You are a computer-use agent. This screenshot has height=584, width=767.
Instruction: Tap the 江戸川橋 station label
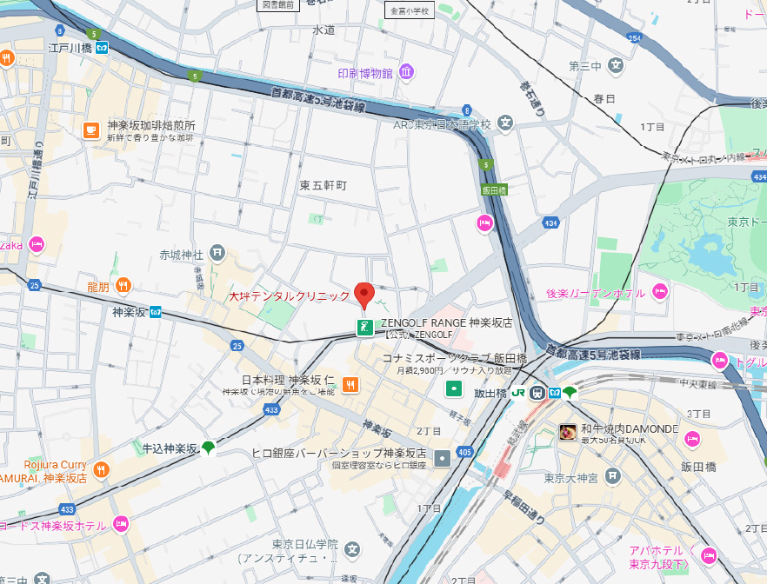70,48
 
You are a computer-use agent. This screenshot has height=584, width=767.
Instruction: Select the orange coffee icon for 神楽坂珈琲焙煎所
90,130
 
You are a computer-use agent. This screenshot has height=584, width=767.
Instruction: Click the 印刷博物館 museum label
365,72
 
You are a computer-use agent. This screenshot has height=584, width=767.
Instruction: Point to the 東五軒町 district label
323,186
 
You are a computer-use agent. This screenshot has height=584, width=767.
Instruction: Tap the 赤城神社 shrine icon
217,254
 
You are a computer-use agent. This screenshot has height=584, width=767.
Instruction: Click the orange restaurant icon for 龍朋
123,285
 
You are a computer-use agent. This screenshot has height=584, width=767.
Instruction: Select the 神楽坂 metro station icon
155,311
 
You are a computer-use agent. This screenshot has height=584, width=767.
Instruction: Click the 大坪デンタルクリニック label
289,296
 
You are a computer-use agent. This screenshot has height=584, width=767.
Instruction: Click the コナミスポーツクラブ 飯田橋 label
455,357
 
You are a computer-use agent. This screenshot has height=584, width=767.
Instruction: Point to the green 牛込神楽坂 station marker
208,448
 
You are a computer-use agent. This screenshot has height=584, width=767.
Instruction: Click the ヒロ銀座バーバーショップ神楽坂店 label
338,454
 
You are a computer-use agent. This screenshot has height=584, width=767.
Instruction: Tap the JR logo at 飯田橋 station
517,393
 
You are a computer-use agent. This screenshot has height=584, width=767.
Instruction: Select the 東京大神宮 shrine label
570,477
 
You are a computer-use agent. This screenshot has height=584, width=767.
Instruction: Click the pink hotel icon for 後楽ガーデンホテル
660,292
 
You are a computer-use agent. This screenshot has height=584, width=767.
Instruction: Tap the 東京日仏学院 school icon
352,549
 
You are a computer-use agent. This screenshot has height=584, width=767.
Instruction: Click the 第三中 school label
584,66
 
